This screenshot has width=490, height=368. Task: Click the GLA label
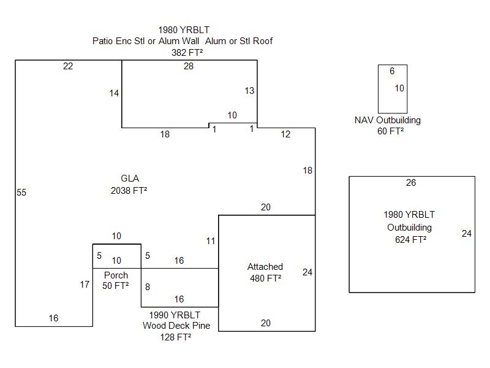129,178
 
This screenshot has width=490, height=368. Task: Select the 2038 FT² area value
129,191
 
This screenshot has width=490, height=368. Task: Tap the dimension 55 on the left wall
21,193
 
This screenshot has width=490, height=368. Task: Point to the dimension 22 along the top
68,66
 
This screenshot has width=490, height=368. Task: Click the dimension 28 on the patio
189,66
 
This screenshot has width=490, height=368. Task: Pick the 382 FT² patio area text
187,53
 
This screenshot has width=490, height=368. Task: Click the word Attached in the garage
265,267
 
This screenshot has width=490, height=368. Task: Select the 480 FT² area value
265,278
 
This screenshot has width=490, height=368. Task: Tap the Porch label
116,275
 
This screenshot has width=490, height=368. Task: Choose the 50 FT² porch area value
116,286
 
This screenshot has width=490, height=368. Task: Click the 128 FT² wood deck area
175,337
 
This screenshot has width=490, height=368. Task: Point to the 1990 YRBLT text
175,315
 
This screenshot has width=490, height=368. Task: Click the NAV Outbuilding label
388,120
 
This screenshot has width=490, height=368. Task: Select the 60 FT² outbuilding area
391,131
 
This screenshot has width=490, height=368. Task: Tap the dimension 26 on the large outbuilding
411,183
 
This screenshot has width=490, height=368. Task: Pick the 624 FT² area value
411,240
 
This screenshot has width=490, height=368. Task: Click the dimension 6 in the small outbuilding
392,71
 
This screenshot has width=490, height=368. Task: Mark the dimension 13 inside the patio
249,91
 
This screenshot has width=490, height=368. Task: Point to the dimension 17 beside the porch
85,285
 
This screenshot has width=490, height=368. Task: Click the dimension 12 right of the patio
286,134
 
